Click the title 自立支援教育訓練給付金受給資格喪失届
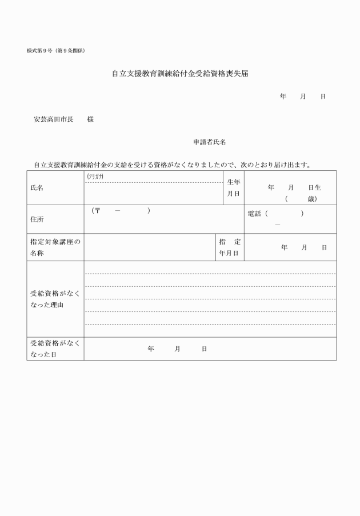[x=180, y=74]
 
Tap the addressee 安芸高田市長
[x=54, y=119]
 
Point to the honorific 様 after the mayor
[x=90, y=119]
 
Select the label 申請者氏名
[x=210, y=142]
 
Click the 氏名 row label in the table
[x=37, y=187]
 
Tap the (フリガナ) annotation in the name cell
[x=95, y=177]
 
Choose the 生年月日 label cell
[x=233, y=187]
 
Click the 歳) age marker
[x=311, y=199]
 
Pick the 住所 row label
[x=37, y=219]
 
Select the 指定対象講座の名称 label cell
[x=55, y=247]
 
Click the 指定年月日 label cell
[x=229, y=247]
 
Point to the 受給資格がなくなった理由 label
[x=55, y=299]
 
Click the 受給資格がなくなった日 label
[x=55, y=349]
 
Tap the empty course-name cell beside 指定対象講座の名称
[x=149, y=247]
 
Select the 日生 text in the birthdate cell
[x=314, y=187]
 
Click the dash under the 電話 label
[x=278, y=225]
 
